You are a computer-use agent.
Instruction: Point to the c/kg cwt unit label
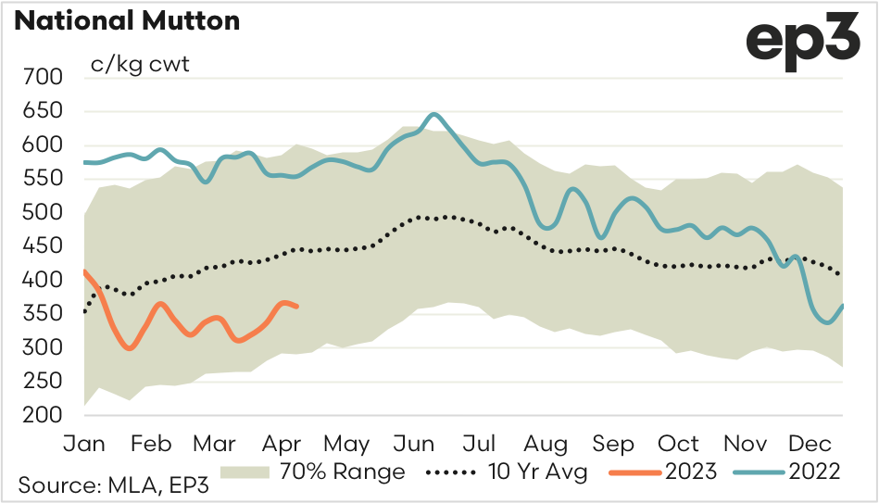(139, 66)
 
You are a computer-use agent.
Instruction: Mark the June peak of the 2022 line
(433, 114)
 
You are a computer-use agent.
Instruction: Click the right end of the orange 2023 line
(296, 307)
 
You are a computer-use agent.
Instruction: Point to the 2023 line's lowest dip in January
(130, 348)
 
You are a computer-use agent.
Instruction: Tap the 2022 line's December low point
(827, 322)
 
